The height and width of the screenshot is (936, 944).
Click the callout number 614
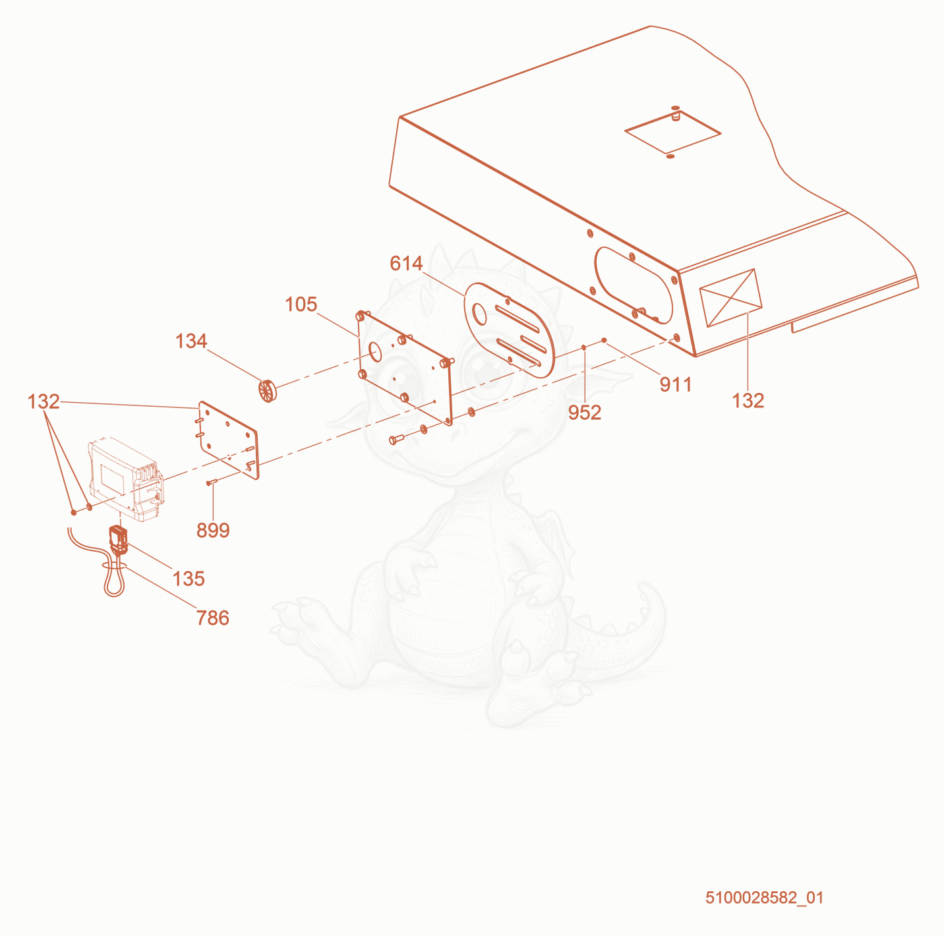tap(405, 263)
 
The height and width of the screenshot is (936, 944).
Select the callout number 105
tap(301, 305)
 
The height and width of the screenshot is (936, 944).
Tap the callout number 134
tap(191, 341)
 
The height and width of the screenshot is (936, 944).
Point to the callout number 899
tap(213, 530)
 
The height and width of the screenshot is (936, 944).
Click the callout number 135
tap(189, 579)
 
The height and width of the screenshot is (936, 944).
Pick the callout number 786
tap(213, 618)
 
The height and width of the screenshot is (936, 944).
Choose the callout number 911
tap(676, 385)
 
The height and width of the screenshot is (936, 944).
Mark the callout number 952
tap(585, 413)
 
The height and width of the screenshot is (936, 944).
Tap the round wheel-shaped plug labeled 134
tap(268, 391)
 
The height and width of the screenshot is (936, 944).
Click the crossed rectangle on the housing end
tap(730, 297)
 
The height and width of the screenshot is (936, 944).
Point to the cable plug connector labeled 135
tap(119, 540)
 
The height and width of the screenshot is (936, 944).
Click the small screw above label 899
tap(212, 483)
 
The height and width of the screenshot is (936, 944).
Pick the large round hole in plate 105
tap(375, 352)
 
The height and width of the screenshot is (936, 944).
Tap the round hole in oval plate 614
tap(479, 314)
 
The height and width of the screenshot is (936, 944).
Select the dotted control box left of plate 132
tap(126, 479)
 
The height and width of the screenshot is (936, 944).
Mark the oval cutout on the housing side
tap(634, 285)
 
